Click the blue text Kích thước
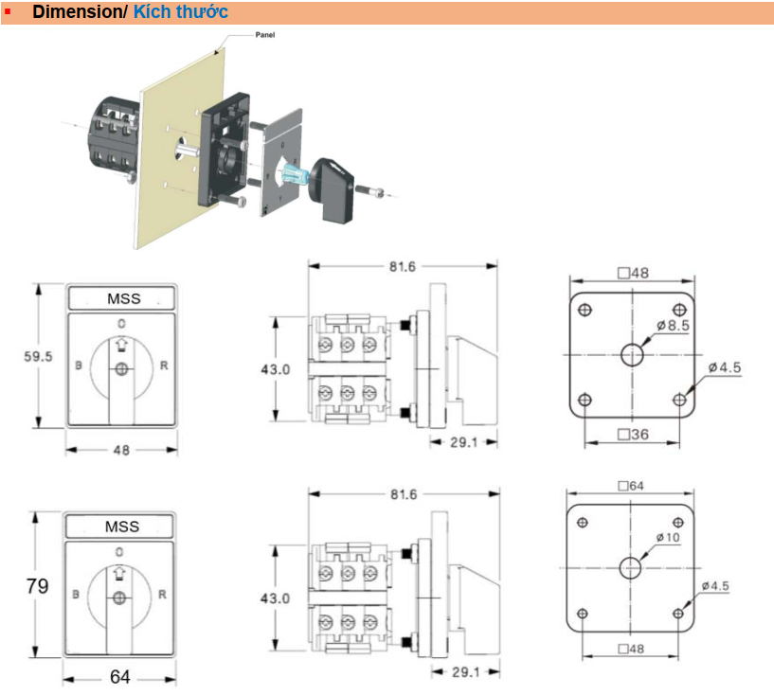pos(180,12)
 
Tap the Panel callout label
pos(265,34)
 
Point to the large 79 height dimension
pos(37,586)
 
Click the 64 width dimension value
pos(119,677)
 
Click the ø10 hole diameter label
pos(668,538)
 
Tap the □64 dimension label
pos(630,486)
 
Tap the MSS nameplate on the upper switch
pos(122,298)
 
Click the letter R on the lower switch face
pos(162,595)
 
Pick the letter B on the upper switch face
pos(78,366)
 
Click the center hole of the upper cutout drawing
pos(632,355)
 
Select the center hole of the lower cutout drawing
pos(630,567)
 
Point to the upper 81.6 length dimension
pos(401,266)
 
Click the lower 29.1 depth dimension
pos(464,671)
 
